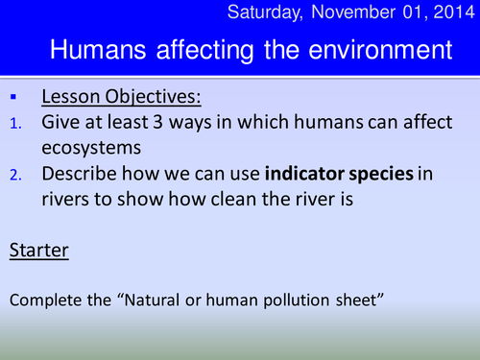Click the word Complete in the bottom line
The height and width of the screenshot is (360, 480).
[x=42, y=300]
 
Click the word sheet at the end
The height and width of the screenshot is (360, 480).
[x=359, y=300]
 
